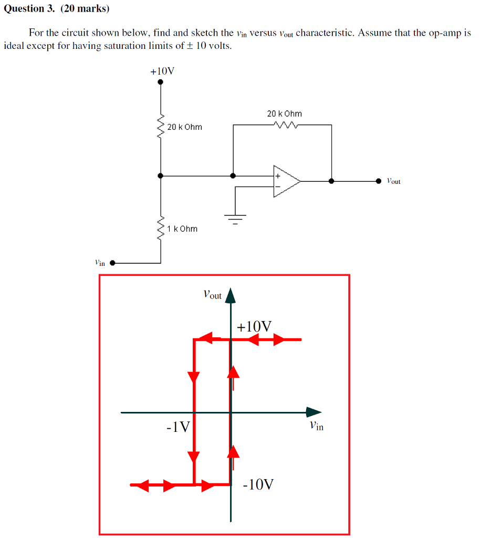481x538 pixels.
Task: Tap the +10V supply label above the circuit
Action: pos(162,71)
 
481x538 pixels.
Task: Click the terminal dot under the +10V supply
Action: pos(161,82)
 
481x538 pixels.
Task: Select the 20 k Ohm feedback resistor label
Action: pos(284,113)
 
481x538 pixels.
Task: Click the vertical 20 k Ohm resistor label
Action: pos(184,127)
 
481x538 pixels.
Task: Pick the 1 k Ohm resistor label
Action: pos(182,229)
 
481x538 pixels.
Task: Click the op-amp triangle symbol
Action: pos(285,181)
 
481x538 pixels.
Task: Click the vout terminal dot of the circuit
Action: pos(379,181)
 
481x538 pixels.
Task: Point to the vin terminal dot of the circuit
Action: pos(112,263)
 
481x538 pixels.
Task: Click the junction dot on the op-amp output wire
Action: pos(331,181)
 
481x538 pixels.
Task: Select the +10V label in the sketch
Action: pos(254,327)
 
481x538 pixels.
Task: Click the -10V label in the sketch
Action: pos(258,484)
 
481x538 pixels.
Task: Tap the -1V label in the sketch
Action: pos(178,427)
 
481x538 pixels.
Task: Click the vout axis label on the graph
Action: pos(212,295)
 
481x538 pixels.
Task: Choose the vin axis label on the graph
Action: pos(316,426)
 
